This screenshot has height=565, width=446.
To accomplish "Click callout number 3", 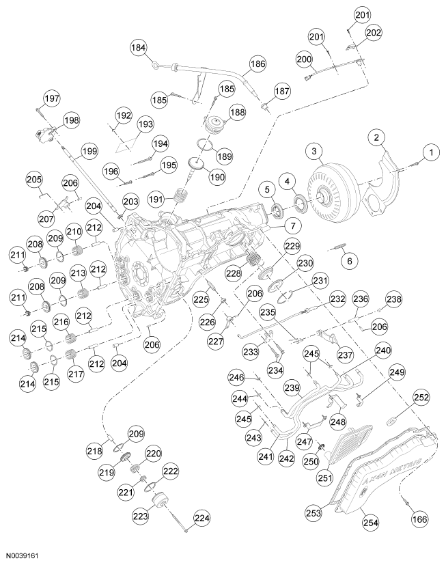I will [x=313, y=150].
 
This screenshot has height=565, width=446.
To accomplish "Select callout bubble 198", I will [x=71, y=120].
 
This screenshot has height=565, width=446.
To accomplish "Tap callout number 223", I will [x=139, y=517].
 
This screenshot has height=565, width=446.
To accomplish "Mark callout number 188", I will [x=238, y=113].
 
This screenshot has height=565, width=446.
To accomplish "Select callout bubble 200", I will [x=304, y=59].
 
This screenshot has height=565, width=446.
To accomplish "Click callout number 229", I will [x=293, y=246].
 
